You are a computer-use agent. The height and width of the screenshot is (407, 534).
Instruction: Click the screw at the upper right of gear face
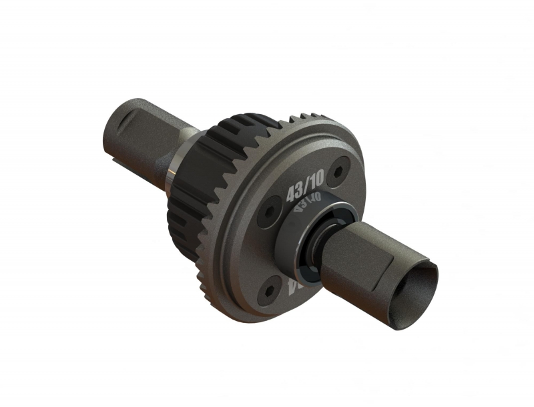341,167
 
